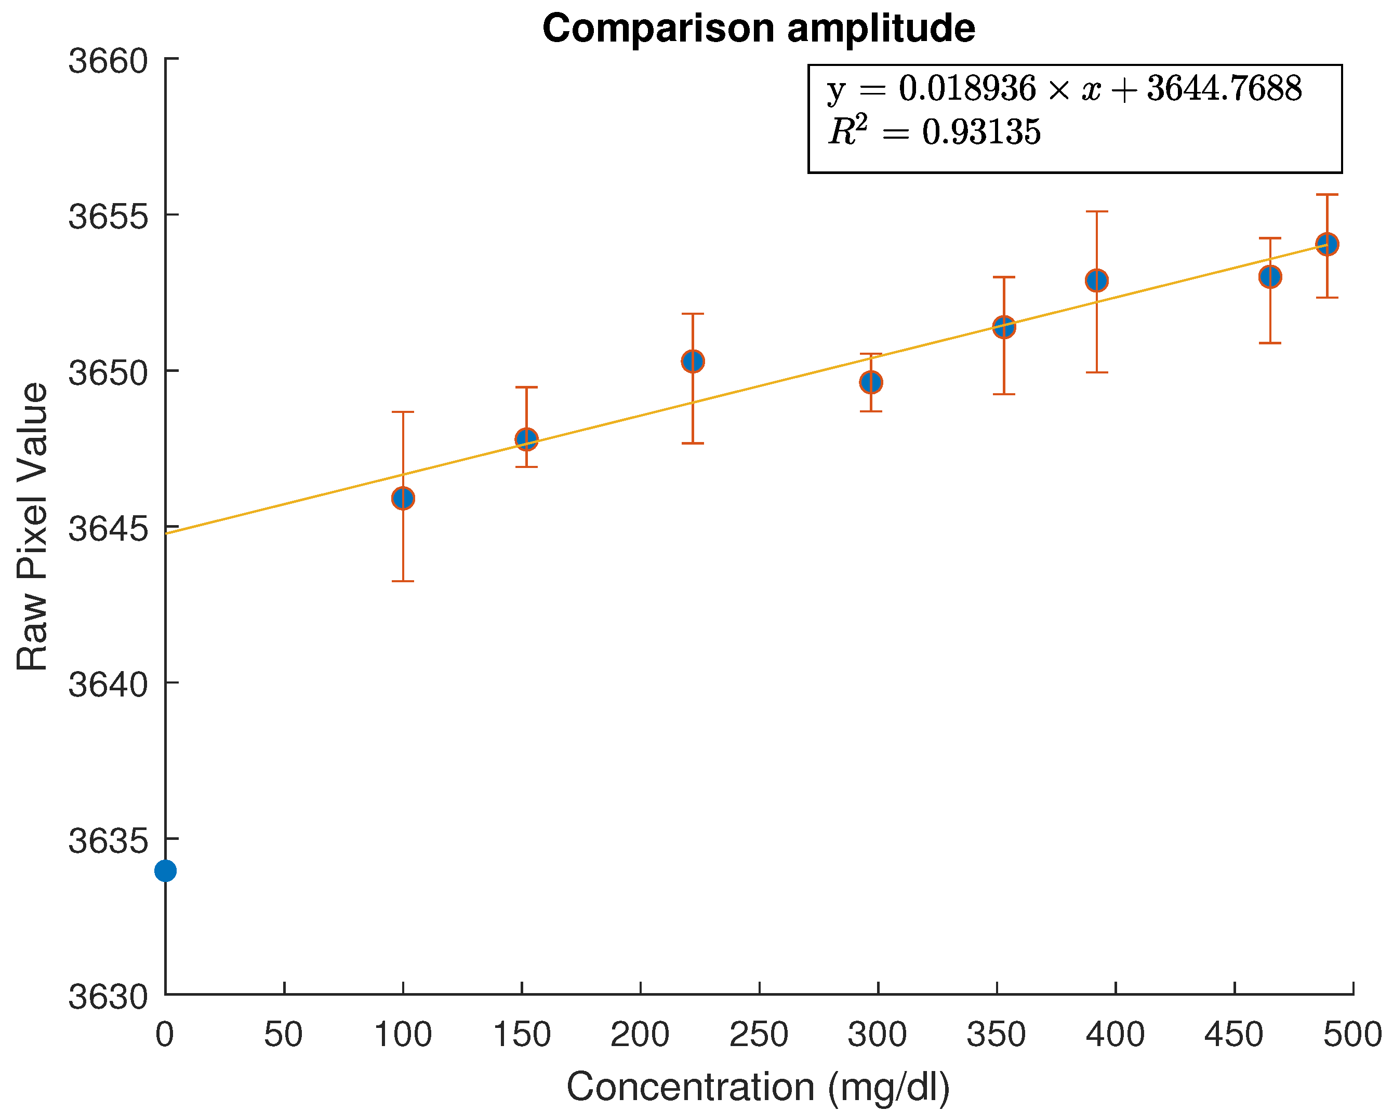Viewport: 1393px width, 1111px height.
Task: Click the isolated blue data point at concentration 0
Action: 165,871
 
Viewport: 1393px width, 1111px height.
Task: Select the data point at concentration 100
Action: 403,498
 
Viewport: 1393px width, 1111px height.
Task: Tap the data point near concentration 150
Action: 526,439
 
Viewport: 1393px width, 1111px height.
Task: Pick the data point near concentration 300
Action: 871,382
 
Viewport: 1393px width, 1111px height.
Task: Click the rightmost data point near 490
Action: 1327,244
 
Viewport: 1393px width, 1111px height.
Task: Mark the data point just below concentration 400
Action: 1097,280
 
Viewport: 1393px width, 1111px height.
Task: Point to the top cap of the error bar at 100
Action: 403,411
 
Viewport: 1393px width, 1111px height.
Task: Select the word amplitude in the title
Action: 881,29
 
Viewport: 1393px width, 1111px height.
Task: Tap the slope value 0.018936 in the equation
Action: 967,88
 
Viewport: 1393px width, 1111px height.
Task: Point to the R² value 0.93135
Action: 981,132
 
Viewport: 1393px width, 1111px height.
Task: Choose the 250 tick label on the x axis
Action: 759,1034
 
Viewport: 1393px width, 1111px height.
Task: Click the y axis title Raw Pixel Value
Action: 32,527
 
